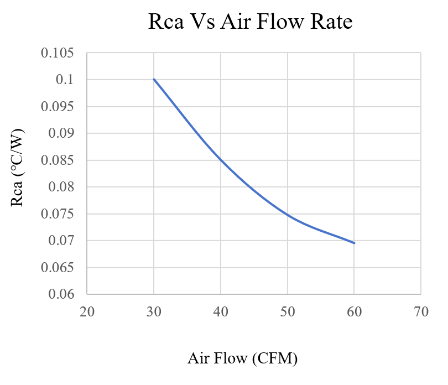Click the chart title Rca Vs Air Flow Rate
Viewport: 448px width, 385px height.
tap(251, 22)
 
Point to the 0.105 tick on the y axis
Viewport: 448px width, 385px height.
tap(58, 54)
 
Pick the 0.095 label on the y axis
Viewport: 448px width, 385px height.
tap(58, 107)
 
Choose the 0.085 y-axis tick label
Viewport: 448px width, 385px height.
tap(58, 160)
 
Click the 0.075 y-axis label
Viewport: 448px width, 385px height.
tap(58, 214)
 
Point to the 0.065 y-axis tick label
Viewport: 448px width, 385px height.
tap(58, 267)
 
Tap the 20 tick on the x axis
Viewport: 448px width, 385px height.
tap(87, 312)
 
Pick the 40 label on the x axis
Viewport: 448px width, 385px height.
tap(221, 312)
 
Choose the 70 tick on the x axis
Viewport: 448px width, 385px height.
tap(421, 312)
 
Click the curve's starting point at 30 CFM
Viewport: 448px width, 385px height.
tap(154, 79)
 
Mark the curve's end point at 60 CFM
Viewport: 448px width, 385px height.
tap(354, 243)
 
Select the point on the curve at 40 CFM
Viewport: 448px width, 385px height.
tap(221, 159)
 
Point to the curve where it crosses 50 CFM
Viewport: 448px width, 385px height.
tap(287, 214)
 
